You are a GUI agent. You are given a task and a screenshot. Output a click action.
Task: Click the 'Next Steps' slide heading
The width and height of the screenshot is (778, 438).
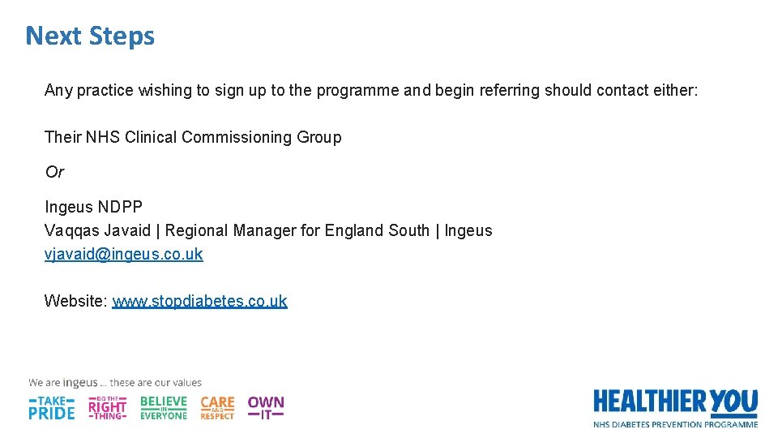pos(90,36)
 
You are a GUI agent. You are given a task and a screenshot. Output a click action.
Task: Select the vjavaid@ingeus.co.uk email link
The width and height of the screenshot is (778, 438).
pos(123,255)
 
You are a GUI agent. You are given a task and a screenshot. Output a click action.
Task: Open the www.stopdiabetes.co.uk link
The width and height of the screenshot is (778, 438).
pos(199,302)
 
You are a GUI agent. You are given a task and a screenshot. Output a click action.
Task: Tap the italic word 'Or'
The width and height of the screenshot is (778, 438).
pos(54,172)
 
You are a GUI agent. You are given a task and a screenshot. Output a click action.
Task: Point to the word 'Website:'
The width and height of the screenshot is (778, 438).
pos(75,302)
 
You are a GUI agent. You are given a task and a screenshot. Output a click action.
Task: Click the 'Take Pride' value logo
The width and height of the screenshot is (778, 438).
pos(52,407)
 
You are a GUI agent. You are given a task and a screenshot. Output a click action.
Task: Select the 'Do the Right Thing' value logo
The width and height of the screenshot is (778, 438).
pos(107,407)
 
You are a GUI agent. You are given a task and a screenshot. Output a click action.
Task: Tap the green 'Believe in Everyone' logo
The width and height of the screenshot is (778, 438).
pos(163,407)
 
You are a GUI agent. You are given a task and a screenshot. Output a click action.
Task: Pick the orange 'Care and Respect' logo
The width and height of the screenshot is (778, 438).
pos(217,407)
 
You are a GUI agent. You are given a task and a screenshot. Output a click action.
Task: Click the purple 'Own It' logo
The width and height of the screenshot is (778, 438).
pos(266,407)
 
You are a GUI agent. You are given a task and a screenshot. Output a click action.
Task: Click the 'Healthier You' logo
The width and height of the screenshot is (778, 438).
pos(675,401)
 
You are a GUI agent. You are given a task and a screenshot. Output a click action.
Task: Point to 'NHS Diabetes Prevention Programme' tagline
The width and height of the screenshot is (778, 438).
pos(675,424)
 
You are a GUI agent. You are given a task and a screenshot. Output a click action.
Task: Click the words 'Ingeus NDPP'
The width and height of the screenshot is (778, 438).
pos(93,208)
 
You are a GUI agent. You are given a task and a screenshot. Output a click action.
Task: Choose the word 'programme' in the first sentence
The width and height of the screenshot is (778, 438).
pos(357,91)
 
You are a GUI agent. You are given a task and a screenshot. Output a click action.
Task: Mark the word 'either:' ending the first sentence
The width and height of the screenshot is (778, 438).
pos(675,91)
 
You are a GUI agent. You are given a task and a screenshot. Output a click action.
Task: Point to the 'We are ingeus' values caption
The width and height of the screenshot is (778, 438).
pos(115,383)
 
